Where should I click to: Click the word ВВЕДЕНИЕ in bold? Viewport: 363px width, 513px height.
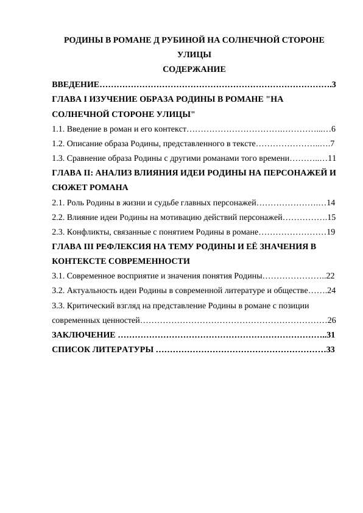75,83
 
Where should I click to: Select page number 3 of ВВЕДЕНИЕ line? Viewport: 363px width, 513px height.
334,83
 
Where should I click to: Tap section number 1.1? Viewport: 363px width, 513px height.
58,129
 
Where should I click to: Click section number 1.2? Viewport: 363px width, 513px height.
58,143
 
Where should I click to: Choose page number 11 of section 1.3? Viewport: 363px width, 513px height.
331,158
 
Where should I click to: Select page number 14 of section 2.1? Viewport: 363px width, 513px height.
331,202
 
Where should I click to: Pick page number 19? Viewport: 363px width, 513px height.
331,232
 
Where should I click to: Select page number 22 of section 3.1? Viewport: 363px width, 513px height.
331,275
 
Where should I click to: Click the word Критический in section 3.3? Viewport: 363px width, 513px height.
90,305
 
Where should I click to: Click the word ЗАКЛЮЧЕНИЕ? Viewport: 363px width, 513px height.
84,334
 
